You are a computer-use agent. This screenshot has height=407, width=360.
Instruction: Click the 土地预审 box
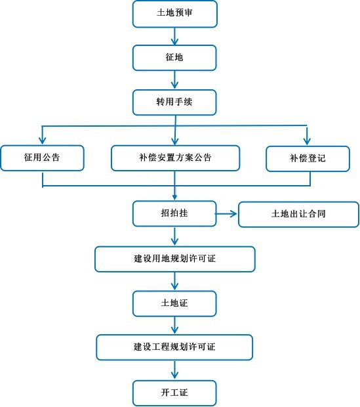pos(175,14)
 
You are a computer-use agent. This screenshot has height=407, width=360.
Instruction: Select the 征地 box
pos(174,58)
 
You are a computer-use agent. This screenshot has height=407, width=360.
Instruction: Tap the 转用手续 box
pos(174,102)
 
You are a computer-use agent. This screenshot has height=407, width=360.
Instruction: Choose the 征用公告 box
pos(42,158)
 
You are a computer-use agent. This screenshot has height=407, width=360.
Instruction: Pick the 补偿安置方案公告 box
pos(175,158)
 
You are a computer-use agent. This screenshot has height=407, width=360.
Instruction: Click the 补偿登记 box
pos(308,159)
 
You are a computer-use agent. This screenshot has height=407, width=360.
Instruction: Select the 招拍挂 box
pos(174,213)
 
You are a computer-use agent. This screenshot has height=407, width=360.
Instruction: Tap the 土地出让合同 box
pos(298,215)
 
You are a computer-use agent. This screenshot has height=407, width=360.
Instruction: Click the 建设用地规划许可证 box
pos(175,259)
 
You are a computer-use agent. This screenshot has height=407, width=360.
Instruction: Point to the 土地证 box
pos(174,303)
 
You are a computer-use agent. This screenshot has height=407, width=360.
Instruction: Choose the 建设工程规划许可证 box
pos(174,347)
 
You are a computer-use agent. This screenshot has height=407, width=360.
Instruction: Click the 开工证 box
pos(174,393)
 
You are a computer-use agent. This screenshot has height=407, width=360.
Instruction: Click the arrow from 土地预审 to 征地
pos(174,36)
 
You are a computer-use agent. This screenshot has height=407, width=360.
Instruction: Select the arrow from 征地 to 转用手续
pos(174,80)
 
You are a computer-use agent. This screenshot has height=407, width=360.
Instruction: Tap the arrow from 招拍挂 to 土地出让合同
pos(226,214)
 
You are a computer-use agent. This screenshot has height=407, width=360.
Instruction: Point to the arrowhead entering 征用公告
pos(42,140)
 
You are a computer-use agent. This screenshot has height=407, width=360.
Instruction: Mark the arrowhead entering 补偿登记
pos(307,141)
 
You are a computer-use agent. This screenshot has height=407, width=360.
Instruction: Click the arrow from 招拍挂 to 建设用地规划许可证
pos(174,236)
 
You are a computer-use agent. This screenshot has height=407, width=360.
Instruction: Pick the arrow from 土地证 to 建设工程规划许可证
pos(174,325)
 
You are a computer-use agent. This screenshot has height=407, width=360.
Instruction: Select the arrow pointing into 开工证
pos(174,370)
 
